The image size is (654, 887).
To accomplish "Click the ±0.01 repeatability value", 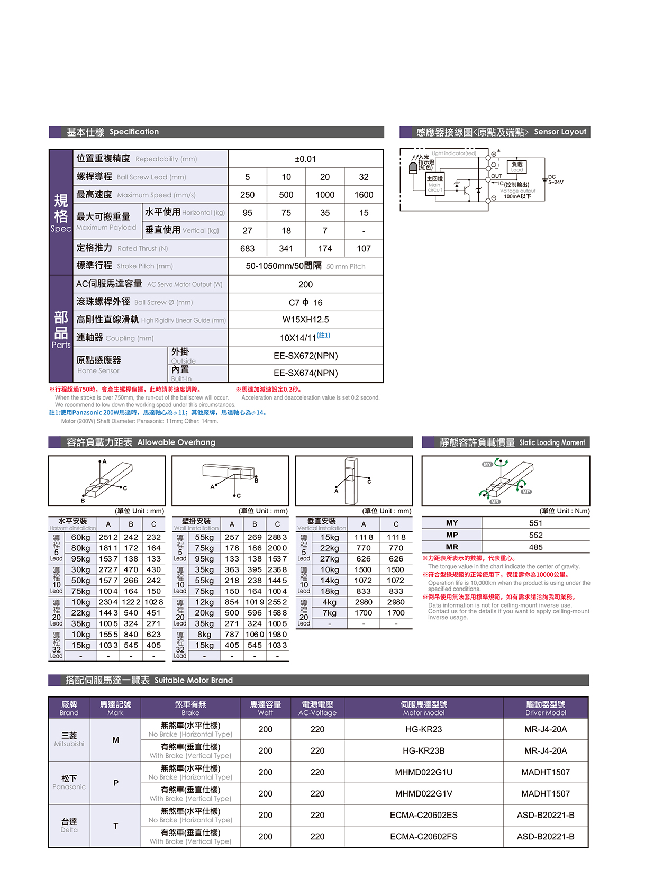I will (x=305, y=159).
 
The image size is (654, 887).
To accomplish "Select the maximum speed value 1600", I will (x=364, y=195).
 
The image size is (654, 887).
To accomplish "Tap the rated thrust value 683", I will (x=247, y=248).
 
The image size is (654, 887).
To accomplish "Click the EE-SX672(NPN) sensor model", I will (x=305, y=356).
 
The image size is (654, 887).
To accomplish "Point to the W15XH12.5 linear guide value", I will (x=305, y=320).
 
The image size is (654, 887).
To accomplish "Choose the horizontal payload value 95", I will (x=247, y=213).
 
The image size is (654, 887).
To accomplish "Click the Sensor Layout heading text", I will (x=560, y=132).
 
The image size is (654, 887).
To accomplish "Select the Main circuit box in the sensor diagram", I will (x=435, y=183).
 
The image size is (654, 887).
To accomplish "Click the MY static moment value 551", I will (x=535, y=523).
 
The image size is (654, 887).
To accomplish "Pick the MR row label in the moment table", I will (x=452, y=547).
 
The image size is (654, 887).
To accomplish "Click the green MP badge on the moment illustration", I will (x=526, y=492).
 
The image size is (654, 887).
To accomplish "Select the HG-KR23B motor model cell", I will (x=423, y=750).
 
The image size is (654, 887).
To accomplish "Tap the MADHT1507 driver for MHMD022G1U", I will (x=546, y=772).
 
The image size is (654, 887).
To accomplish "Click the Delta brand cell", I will (x=69, y=826).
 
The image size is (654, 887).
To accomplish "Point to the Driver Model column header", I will (x=546, y=708).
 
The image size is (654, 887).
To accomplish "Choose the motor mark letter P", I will (x=115, y=783).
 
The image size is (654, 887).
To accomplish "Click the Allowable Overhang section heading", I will (x=141, y=442).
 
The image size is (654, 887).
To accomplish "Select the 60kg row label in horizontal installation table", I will (x=80, y=537).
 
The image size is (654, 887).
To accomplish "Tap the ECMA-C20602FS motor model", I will (x=423, y=837).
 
